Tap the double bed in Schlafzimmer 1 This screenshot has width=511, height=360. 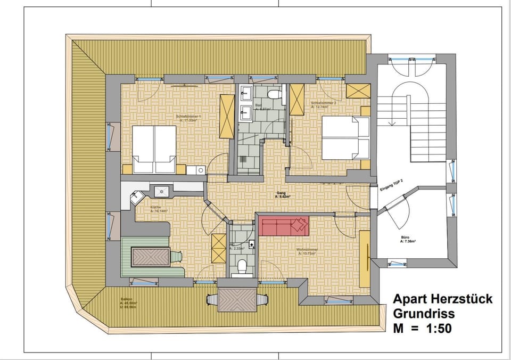(x=154, y=149)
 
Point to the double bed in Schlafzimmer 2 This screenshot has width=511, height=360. (x=345, y=138)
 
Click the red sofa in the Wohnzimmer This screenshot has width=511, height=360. (x=284, y=226)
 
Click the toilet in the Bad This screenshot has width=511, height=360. (x=274, y=95)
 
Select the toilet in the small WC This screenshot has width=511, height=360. (x=242, y=264)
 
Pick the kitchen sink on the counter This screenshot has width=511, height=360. (x=161, y=190)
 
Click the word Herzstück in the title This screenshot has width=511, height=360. (x=461, y=299)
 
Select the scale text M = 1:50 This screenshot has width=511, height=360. (x=423, y=329)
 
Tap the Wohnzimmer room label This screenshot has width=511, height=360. (x=308, y=251)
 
